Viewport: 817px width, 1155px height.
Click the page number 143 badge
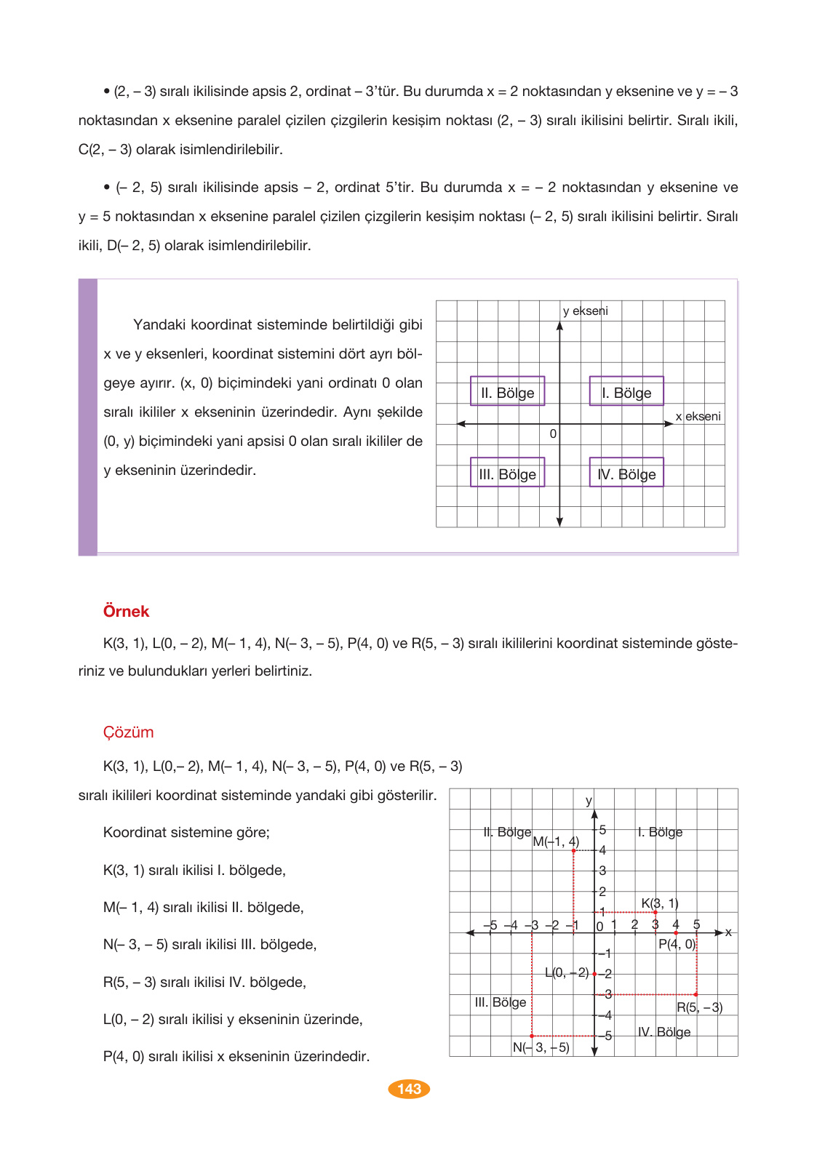click(409, 1089)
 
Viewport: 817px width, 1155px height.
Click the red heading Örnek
click(126, 612)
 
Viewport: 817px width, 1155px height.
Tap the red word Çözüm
click(128, 732)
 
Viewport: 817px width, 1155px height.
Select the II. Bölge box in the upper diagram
click(507, 393)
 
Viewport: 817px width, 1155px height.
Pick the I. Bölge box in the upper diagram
click(626, 393)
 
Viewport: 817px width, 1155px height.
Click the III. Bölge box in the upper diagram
click(507, 474)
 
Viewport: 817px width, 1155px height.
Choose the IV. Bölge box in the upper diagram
click(626, 474)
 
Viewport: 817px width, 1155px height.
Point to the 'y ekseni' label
click(585, 311)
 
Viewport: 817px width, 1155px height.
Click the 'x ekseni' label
click(698, 416)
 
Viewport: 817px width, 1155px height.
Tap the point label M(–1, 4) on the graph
click(556, 842)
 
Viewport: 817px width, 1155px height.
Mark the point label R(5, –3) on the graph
click(699, 1007)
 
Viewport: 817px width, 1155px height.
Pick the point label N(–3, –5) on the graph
click(541, 1047)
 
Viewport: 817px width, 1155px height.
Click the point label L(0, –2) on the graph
click(567, 972)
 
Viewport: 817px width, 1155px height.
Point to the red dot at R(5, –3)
click(696, 994)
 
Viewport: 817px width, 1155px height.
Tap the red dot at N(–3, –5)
click(532, 1036)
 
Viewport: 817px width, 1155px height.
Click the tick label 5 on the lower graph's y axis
click(602, 830)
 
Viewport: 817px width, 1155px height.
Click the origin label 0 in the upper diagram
click(553, 434)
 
